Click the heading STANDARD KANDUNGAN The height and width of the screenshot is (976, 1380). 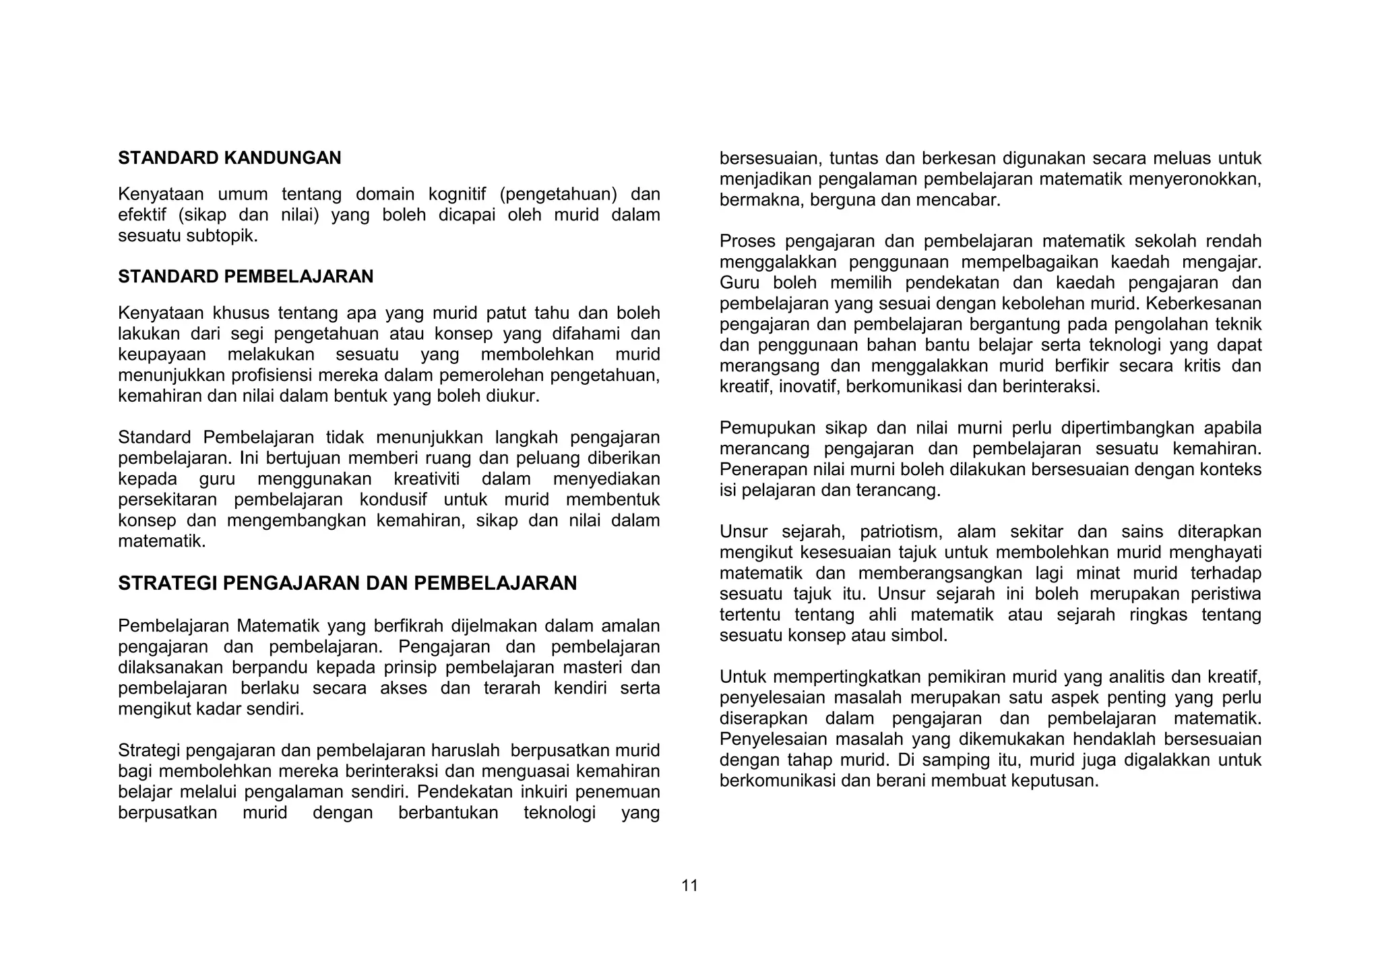(229, 158)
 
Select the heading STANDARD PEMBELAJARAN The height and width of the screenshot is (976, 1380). (245, 276)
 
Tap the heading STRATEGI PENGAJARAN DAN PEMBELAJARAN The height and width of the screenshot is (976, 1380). (347, 583)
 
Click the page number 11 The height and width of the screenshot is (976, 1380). (689, 886)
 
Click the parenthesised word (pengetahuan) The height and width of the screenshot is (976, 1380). (559, 195)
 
